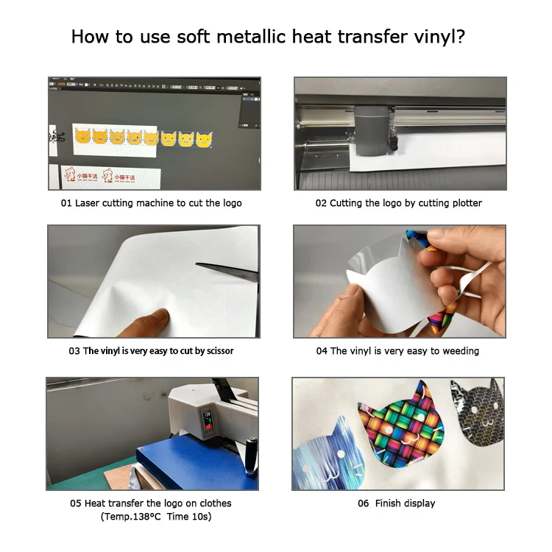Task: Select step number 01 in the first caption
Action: [66, 203]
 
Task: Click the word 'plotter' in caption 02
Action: [465, 203]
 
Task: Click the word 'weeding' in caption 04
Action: [459, 351]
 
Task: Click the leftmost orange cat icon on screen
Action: [82, 136]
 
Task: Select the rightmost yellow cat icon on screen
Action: [204, 138]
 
